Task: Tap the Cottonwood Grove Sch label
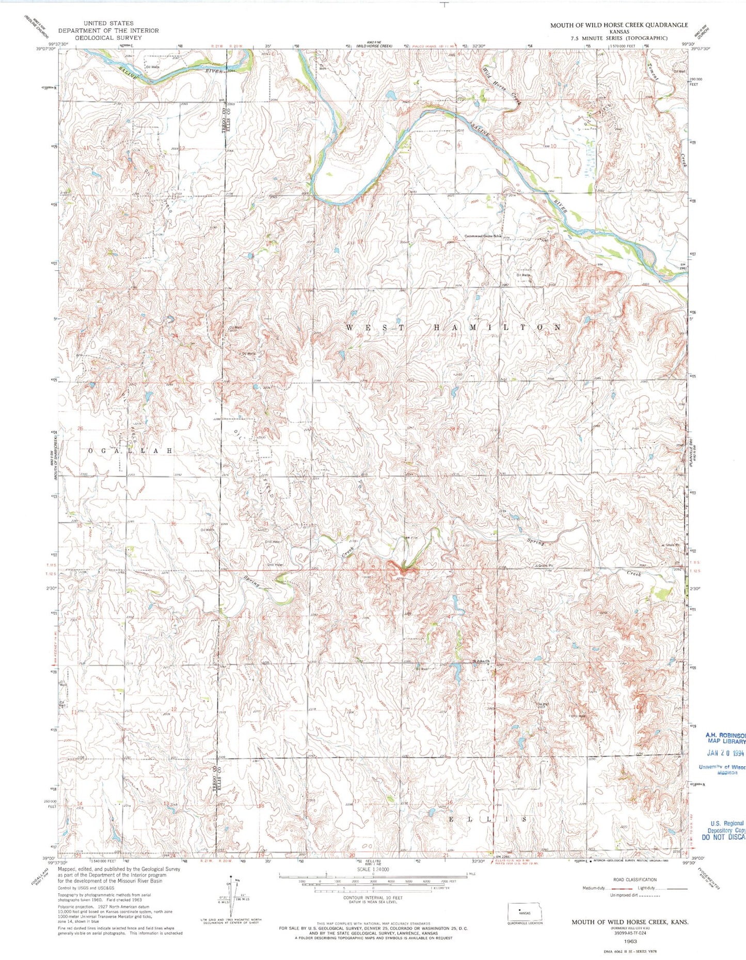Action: pos(483,236)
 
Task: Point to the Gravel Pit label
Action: pos(544,566)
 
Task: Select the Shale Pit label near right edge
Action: pos(670,546)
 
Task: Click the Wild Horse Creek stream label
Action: pos(501,85)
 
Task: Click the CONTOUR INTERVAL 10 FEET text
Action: pos(372,912)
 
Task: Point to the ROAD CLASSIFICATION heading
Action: pos(635,879)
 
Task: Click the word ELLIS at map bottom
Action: pos(488,819)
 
